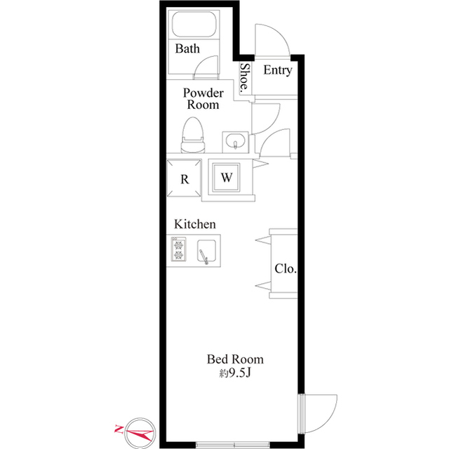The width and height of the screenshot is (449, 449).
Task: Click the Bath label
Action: [x=187, y=48]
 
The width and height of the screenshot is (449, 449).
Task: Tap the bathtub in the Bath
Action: [x=194, y=24]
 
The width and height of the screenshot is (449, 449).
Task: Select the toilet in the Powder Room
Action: [x=194, y=135]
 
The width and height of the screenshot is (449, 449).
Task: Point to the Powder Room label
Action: [x=203, y=98]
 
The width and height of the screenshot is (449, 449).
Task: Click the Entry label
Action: [x=278, y=70]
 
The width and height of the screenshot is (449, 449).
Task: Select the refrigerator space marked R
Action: [x=185, y=178]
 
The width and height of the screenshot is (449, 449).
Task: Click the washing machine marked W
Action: [x=226, y=178]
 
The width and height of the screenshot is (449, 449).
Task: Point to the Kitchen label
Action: [x=195, y=224]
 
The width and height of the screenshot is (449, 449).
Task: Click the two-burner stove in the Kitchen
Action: [x=179, y=249]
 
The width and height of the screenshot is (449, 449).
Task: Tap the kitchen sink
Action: [x=206, y=251]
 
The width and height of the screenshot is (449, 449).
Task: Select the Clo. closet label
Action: [x=286, y=268]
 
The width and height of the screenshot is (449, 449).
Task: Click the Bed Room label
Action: [x=235, y=359]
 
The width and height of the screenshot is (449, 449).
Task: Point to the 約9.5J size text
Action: [x=235, y=372]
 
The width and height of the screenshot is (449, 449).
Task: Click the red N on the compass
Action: [x=119, y=429]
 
